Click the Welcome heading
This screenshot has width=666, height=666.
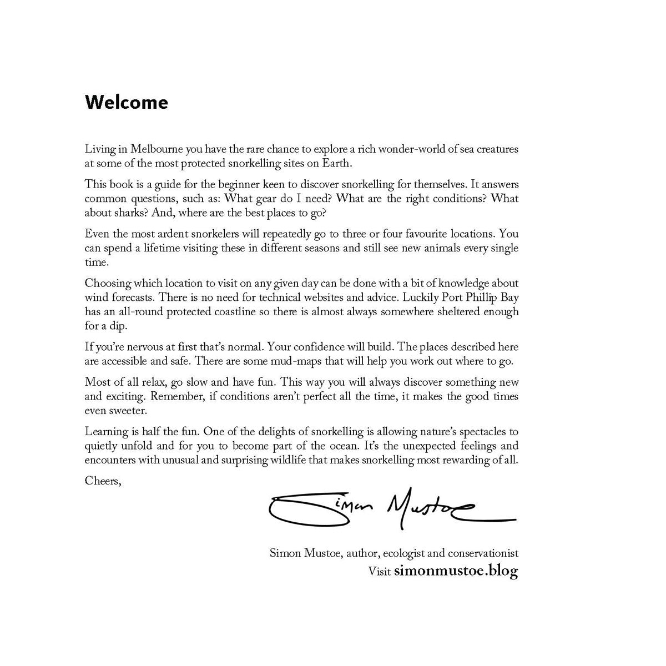click(126, 102)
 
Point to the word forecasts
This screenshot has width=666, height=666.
click(131, 297)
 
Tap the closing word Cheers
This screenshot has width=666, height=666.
click(103, 480)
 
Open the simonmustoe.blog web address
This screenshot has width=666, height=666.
click(456, 571)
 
